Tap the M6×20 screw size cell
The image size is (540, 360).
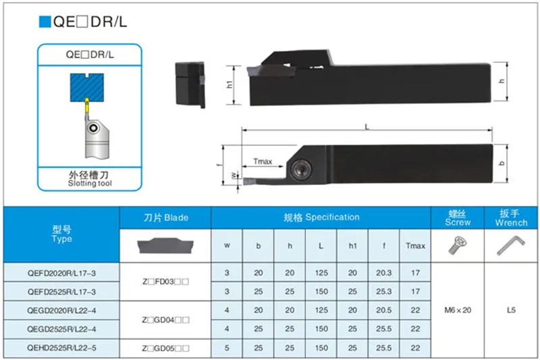[458, 310]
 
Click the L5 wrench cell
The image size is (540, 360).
[511, 310]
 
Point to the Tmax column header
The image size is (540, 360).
[415, 246]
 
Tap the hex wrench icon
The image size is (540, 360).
[510, 247]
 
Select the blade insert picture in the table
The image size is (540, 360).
[165, 245]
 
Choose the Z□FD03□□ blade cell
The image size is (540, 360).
[165, 282]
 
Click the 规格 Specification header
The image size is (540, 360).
[321, 217]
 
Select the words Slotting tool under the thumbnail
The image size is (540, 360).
[90, 184]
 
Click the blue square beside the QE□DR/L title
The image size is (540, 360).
[45, 22]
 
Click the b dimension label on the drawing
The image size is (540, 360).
[500, 163]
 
